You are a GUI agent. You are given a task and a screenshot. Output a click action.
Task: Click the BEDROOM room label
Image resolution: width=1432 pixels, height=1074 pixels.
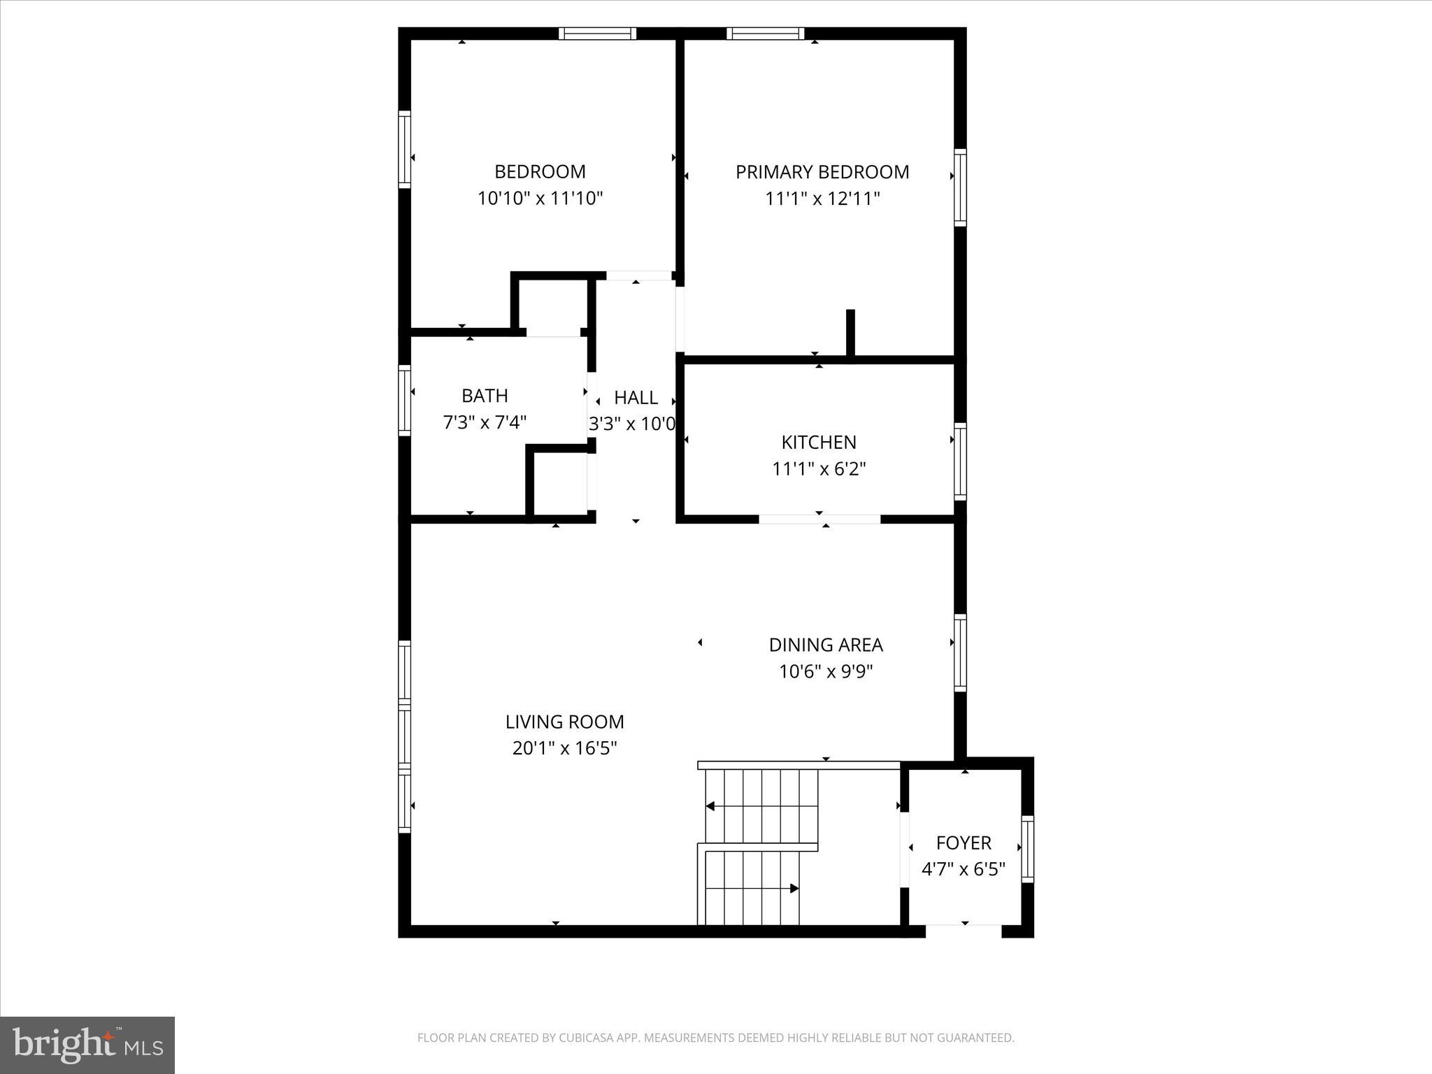540,172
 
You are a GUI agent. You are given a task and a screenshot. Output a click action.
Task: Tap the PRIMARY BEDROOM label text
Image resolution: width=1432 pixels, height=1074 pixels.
822,172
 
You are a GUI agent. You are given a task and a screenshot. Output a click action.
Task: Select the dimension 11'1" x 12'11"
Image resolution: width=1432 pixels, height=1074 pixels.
822,199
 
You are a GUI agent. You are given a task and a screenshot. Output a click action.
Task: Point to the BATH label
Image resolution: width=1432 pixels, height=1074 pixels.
485,396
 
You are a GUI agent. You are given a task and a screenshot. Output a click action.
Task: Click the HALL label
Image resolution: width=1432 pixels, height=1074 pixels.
636,398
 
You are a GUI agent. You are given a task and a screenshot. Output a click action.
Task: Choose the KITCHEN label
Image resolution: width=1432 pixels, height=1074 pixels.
819,442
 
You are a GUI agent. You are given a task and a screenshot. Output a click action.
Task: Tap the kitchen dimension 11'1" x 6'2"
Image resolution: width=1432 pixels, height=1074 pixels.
819,468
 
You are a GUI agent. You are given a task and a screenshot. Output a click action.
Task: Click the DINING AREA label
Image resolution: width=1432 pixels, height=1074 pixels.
826,645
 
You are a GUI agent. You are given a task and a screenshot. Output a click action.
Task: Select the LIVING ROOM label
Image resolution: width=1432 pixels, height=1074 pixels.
564,722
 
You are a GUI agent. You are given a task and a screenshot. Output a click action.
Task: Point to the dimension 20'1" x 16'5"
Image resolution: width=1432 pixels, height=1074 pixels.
564,749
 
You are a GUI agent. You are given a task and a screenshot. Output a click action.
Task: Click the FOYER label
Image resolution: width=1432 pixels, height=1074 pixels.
964,843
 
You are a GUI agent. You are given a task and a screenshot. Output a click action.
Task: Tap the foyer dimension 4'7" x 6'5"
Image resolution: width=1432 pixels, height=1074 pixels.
964,870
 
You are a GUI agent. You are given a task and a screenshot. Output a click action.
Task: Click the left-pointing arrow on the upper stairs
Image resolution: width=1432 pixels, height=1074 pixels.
710,806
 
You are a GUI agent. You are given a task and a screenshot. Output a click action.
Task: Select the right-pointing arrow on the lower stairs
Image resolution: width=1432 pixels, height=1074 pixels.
794,889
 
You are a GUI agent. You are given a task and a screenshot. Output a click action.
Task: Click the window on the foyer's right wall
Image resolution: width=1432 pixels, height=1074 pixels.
1027,848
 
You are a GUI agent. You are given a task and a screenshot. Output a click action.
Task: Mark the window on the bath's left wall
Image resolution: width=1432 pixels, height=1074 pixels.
404,400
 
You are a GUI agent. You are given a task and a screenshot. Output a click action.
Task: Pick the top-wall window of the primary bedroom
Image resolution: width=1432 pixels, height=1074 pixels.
766,34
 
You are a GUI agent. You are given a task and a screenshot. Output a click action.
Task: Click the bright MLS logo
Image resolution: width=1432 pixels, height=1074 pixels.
87,1045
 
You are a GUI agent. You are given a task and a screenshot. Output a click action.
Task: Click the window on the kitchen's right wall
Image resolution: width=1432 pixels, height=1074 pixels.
961,461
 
